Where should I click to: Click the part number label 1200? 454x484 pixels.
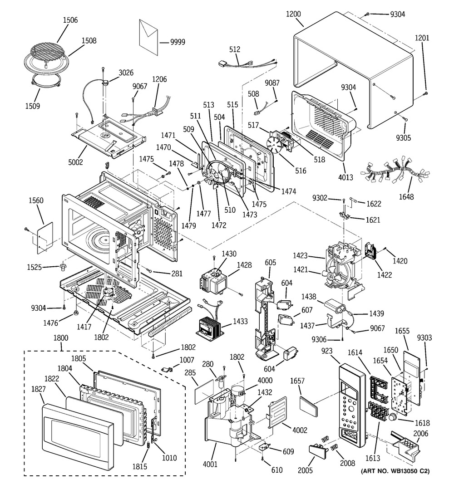(x=293, y=14)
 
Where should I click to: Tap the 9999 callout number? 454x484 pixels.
(x=177, y=42)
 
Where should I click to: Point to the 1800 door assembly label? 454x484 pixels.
(x=60, y=338)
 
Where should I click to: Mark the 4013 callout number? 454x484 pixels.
(x=345, y=177)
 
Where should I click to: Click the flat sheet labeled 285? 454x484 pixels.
(x=204, y=387)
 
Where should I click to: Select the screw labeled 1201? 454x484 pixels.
(x=426, y=93)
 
